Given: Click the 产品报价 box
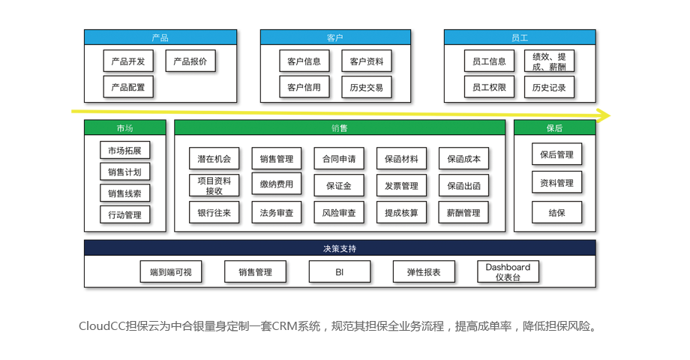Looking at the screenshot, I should point(190,61).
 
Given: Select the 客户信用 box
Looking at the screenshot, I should point(304,87).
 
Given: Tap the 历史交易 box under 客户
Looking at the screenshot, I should point(366,87).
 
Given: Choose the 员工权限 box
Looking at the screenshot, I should point(488,87).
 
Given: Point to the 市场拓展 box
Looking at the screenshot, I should point(124,151).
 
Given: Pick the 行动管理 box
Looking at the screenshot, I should point(124,215).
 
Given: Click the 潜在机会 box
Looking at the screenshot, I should point(214,159).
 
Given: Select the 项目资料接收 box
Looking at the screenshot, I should point(214,185).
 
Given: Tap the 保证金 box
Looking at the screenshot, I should point(338,185).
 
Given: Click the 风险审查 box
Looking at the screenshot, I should point(338,212).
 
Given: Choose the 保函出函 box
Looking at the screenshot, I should point(463,185).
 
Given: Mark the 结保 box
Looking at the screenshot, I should point(556,212).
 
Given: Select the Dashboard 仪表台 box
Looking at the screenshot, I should point(507,272).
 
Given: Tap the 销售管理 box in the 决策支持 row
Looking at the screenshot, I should point(255,272).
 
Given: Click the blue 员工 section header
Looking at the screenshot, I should point(519,37).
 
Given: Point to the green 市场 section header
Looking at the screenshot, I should point(124,128).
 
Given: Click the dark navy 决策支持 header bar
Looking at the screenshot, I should point(339,248).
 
